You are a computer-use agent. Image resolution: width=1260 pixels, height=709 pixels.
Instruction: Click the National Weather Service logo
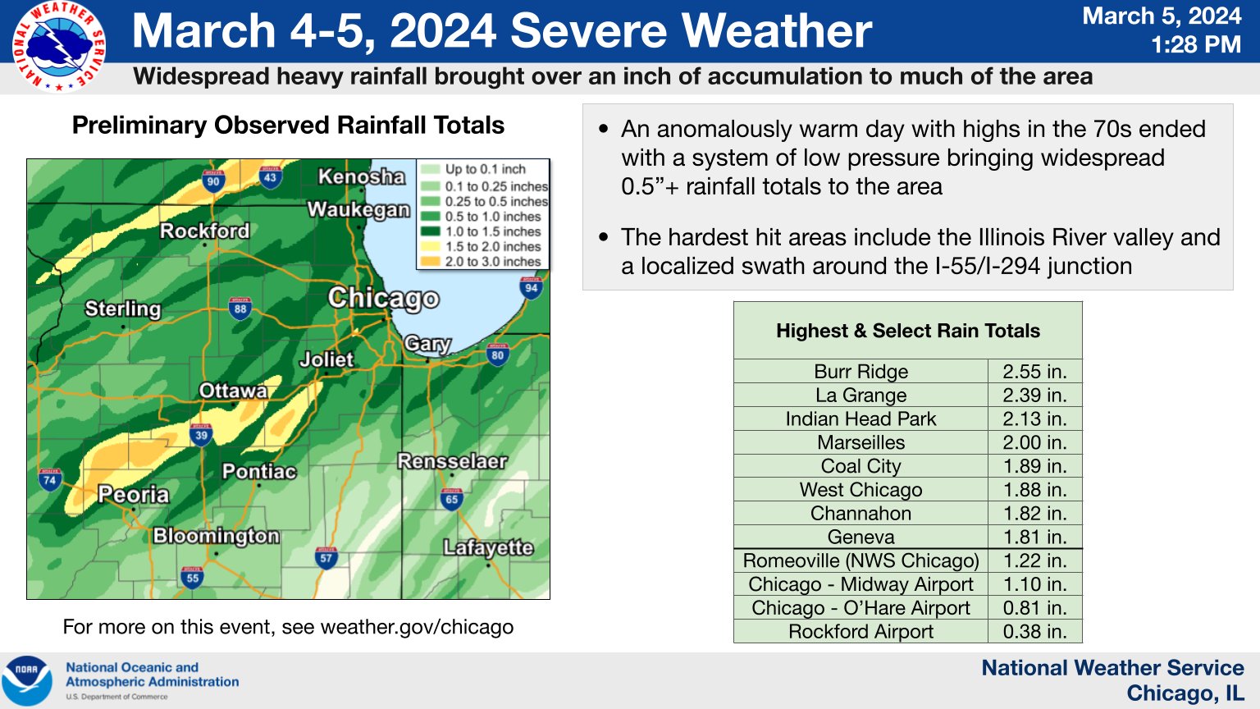click(x=58, y=47)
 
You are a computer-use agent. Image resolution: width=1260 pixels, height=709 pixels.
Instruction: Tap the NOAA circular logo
click(x=27, y=680)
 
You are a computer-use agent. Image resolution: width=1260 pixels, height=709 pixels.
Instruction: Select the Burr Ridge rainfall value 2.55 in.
click(x=1034, y=372)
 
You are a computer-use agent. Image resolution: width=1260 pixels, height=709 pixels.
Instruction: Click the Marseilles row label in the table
click(x=861, y=443)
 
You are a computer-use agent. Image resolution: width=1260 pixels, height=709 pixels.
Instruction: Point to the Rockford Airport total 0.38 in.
click(x=1034, y=632)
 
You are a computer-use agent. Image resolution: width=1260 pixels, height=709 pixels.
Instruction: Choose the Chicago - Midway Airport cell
click(x=861, y=584)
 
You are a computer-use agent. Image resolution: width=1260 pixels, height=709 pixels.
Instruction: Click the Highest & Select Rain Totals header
click(x=907, y=331)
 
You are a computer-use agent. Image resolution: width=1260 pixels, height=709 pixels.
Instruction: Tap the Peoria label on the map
click(x=133, y=495)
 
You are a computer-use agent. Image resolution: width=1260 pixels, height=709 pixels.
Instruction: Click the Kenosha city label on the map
click(x=361, y=176)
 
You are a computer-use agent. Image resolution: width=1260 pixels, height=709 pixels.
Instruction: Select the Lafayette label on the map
click(x=488, y=547)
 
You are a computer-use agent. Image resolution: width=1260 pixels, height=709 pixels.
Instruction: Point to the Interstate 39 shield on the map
click(x=201, y=434)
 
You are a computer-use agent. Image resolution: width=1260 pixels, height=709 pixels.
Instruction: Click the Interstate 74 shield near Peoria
click(x=50, y=479)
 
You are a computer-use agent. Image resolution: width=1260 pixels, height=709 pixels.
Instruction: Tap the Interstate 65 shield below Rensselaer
click(x=451, y=498)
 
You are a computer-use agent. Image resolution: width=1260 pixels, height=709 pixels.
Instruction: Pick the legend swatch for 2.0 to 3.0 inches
click(x=431, y=262)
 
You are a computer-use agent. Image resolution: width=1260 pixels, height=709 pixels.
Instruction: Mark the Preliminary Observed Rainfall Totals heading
click(x=288, y=126)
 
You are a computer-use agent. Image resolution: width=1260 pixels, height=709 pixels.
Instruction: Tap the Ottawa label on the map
click(x=233, y=391)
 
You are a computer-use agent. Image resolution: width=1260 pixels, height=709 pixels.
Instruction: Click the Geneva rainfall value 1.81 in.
click(x=1034, y=537)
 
